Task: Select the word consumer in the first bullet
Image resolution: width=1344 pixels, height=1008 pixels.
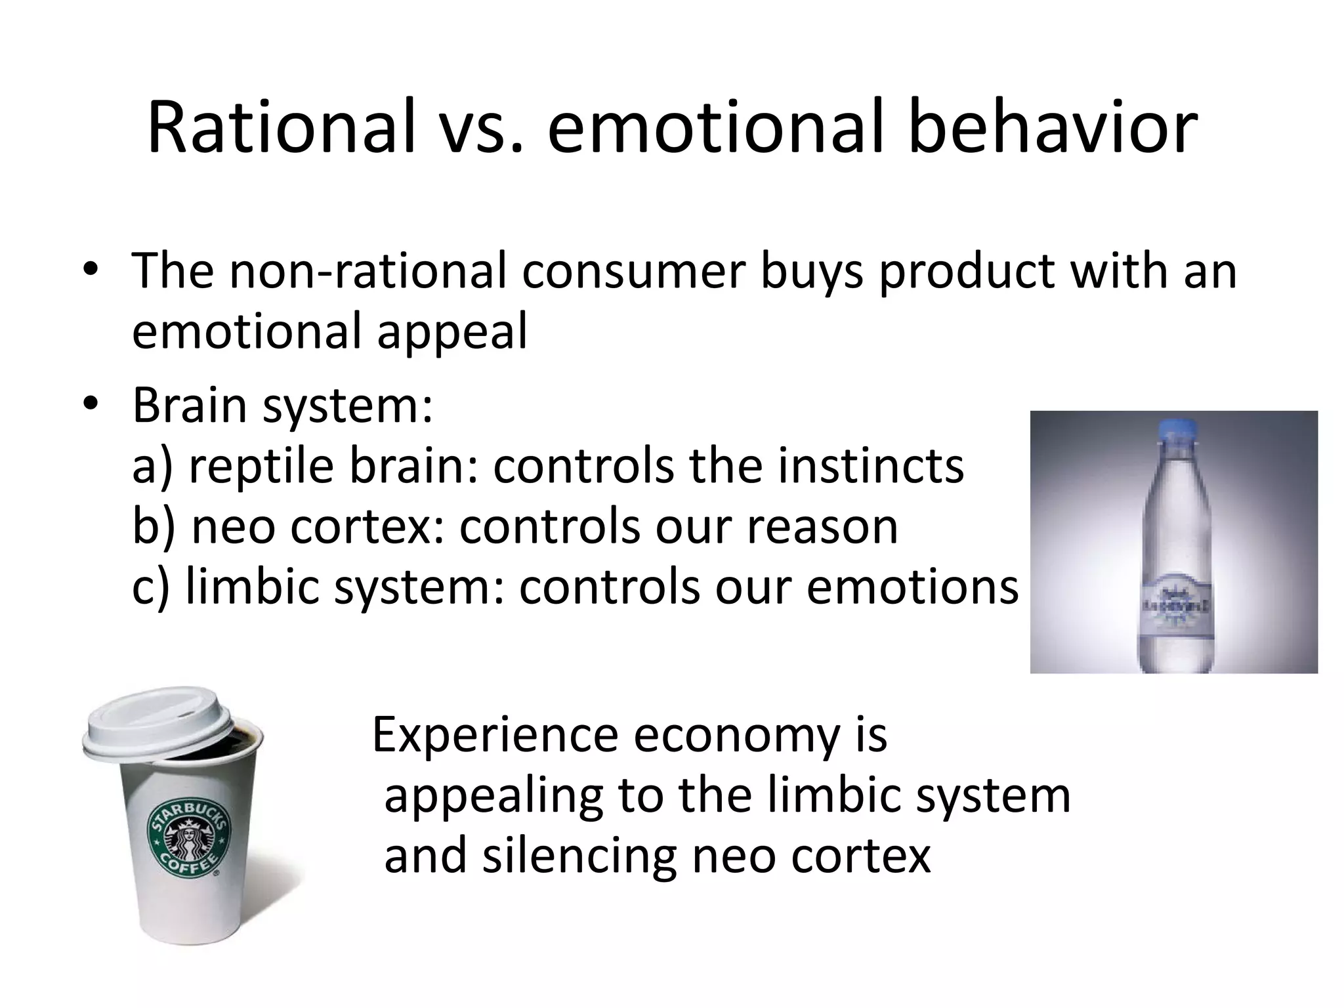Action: [x=633, y=272]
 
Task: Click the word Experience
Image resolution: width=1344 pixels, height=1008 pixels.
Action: [x=495, y=736]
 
